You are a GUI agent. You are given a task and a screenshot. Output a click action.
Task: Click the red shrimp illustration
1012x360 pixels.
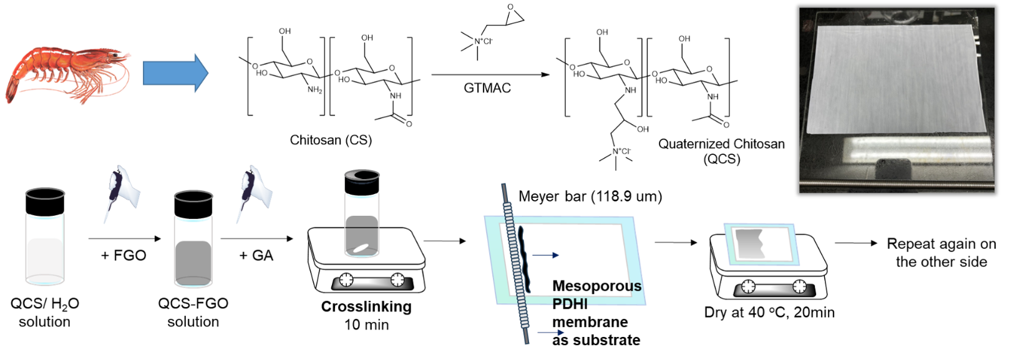pyautogui.click(x=68, y=74)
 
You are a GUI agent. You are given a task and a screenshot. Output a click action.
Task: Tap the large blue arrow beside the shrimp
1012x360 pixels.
pyautogui.click(x=175, y=73)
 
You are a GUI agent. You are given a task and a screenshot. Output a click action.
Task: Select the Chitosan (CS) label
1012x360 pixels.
pyautogui.click(x=331, y=140)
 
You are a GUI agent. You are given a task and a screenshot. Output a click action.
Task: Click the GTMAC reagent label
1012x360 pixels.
pyautogui.click(x=487, y=87)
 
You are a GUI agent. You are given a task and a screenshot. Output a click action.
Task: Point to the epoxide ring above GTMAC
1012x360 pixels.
pyautogui.click(x=513, y=14)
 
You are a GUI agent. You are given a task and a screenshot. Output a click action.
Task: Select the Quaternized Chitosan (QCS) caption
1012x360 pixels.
pyautogui.click(x=721, y=152)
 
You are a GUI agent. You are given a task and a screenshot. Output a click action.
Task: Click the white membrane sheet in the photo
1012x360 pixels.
pyautogui.click(x=895, y=79)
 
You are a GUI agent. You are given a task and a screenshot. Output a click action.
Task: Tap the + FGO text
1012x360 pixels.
pyautogui.click(x=124, y=256)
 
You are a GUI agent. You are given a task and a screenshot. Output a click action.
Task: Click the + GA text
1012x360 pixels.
pyautogui.click(x=256, y=256)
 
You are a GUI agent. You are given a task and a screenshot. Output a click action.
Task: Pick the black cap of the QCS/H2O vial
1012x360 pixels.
pyautogui.click(x=45, y=202)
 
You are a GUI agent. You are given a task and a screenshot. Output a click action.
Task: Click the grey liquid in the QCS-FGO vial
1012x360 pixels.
pyautogui.click(x=193, y=263)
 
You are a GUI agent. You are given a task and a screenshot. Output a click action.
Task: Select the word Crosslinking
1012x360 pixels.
pyautogui.click(x=366, y=306)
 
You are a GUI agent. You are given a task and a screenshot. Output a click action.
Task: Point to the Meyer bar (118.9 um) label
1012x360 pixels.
pyautogui.click(x=590, y=197)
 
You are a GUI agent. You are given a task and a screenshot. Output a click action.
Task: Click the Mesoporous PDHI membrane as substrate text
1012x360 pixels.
pyautogui.click(x=597, y=313)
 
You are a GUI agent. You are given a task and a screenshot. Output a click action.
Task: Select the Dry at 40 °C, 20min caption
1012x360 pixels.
pyautogui.click(x=769, y=312)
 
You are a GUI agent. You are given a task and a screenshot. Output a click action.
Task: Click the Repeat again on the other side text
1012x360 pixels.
pyautogui.click(x=941, y=253)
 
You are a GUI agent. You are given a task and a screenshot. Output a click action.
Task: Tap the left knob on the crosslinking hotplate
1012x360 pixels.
pyautogui.click(x=346, y=280)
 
